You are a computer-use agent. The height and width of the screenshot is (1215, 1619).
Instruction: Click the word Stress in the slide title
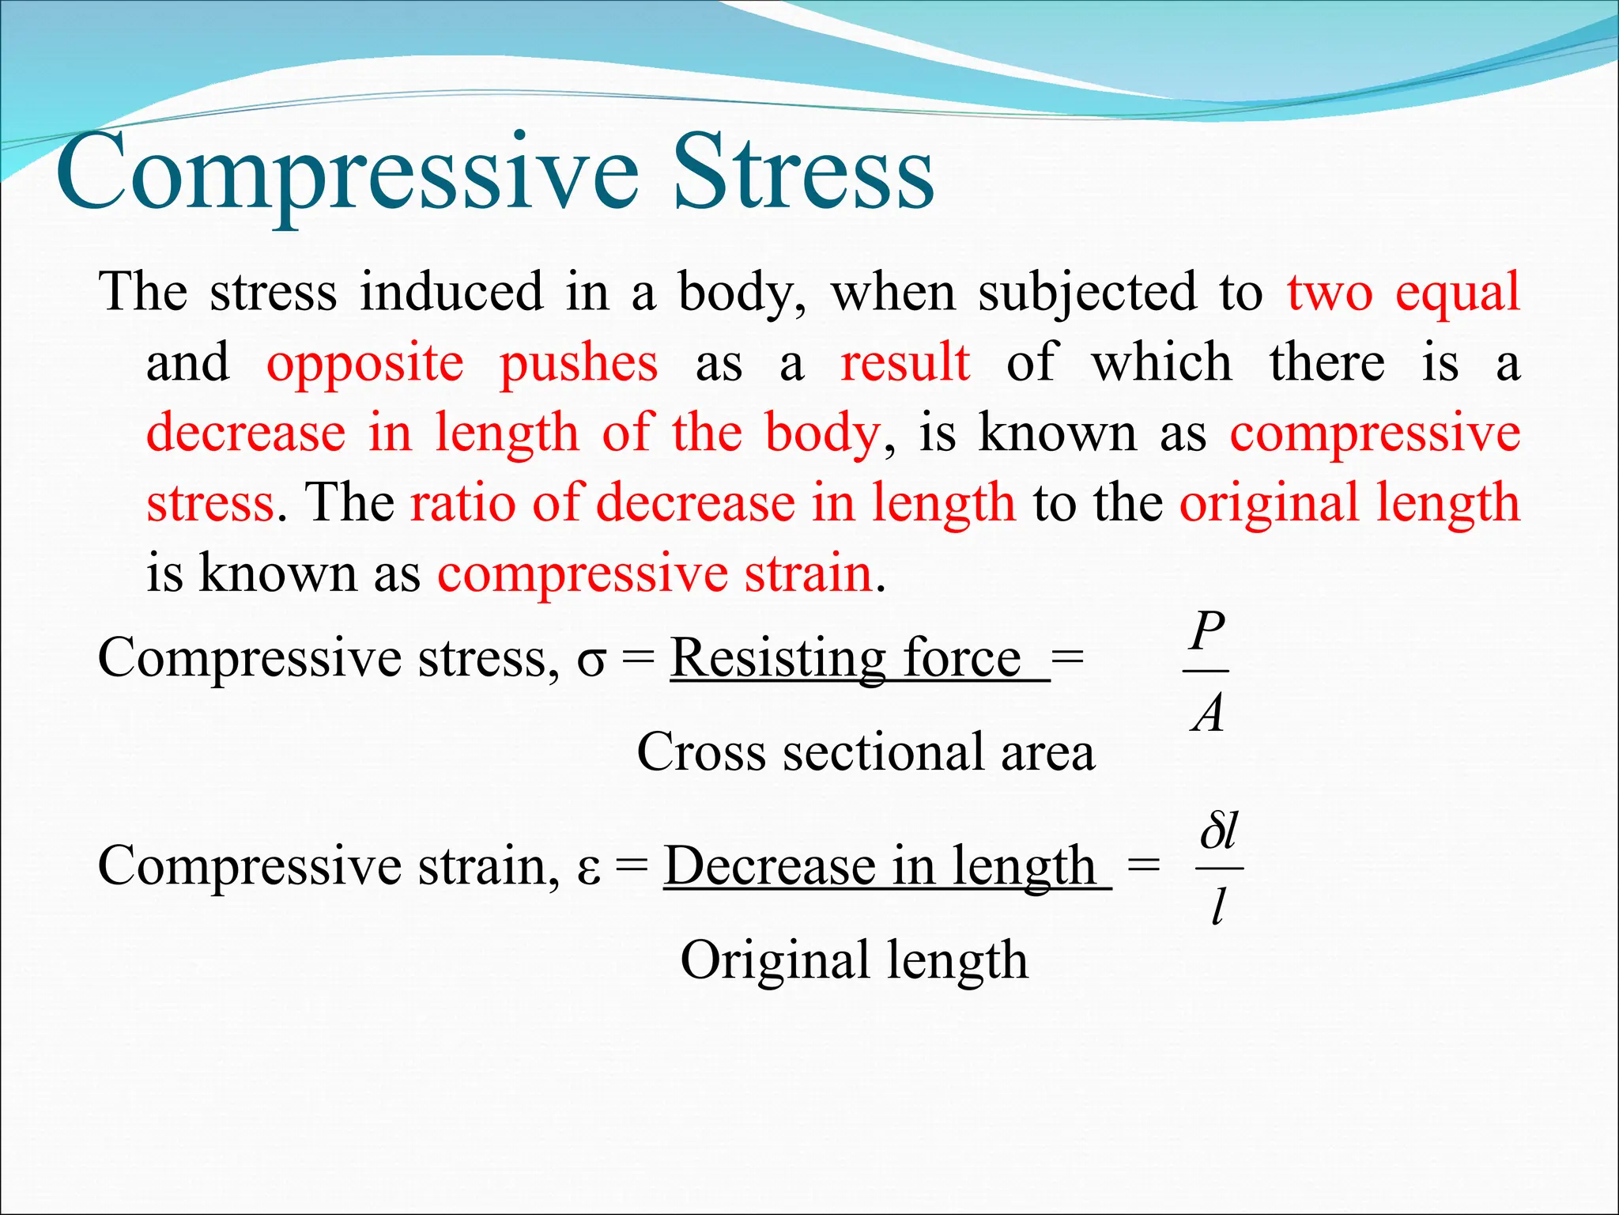(804, 172)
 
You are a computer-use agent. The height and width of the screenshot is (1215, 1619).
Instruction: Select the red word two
(1330, 293)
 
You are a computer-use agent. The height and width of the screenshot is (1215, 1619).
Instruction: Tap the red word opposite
(365, 364)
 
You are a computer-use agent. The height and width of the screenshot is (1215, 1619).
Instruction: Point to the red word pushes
(579, 364)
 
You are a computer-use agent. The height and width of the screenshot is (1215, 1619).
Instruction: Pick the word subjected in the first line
(1088, 293)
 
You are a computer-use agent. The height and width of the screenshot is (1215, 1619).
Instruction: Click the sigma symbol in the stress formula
(591, 661)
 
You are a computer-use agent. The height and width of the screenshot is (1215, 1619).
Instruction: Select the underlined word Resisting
(778, 658)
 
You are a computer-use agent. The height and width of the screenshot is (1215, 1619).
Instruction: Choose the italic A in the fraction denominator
(1207, 713)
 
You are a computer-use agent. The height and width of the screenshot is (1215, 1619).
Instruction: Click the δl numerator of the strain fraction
(1218, 832)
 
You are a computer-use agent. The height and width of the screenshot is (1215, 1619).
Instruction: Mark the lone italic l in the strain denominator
(1218, 907)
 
